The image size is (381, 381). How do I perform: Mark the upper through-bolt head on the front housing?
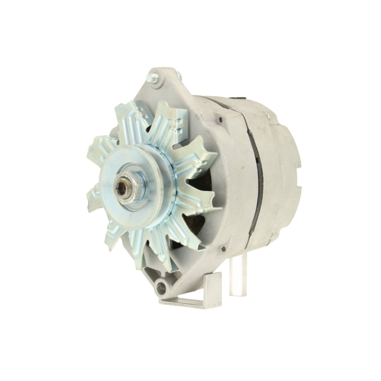[x=220, y=120]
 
